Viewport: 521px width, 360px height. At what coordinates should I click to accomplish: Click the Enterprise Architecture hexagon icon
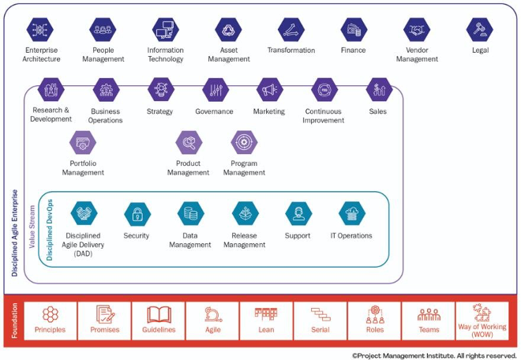tap(40, 30)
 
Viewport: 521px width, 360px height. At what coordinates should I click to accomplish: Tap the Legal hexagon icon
tap(479, 30)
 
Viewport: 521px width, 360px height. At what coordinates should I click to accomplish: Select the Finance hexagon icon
tap(354, 30)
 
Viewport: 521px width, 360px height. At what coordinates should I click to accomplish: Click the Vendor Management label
tap(417, 54)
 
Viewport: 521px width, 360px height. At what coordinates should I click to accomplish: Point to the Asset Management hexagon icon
tap(229, 30)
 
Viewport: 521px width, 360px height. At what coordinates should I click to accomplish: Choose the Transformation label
tap(292, 51)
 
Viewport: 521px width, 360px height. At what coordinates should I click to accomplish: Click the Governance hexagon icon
tap(214, 90)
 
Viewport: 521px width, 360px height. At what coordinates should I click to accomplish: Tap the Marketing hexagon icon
tap(269, 90)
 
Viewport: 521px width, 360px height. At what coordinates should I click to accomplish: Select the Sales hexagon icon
tap(378, 90)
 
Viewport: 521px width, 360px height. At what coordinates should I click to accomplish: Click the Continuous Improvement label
tap(324, 116)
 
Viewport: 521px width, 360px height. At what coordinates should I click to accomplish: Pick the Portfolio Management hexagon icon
tap(82, 143)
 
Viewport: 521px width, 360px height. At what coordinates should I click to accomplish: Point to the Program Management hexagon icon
tap(244, 143)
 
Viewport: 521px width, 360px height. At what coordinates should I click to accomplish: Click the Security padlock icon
tap(137, 214)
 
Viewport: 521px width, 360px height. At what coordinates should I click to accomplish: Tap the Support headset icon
tap(298, 214)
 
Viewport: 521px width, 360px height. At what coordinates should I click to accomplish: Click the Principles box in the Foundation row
tap(51, 321)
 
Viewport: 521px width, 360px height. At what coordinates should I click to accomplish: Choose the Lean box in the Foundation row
tap(266, 321)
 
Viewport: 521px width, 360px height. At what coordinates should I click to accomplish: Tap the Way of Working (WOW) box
tap(481, 321)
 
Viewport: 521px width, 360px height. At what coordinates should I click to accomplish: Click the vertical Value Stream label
tap(32, 227)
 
